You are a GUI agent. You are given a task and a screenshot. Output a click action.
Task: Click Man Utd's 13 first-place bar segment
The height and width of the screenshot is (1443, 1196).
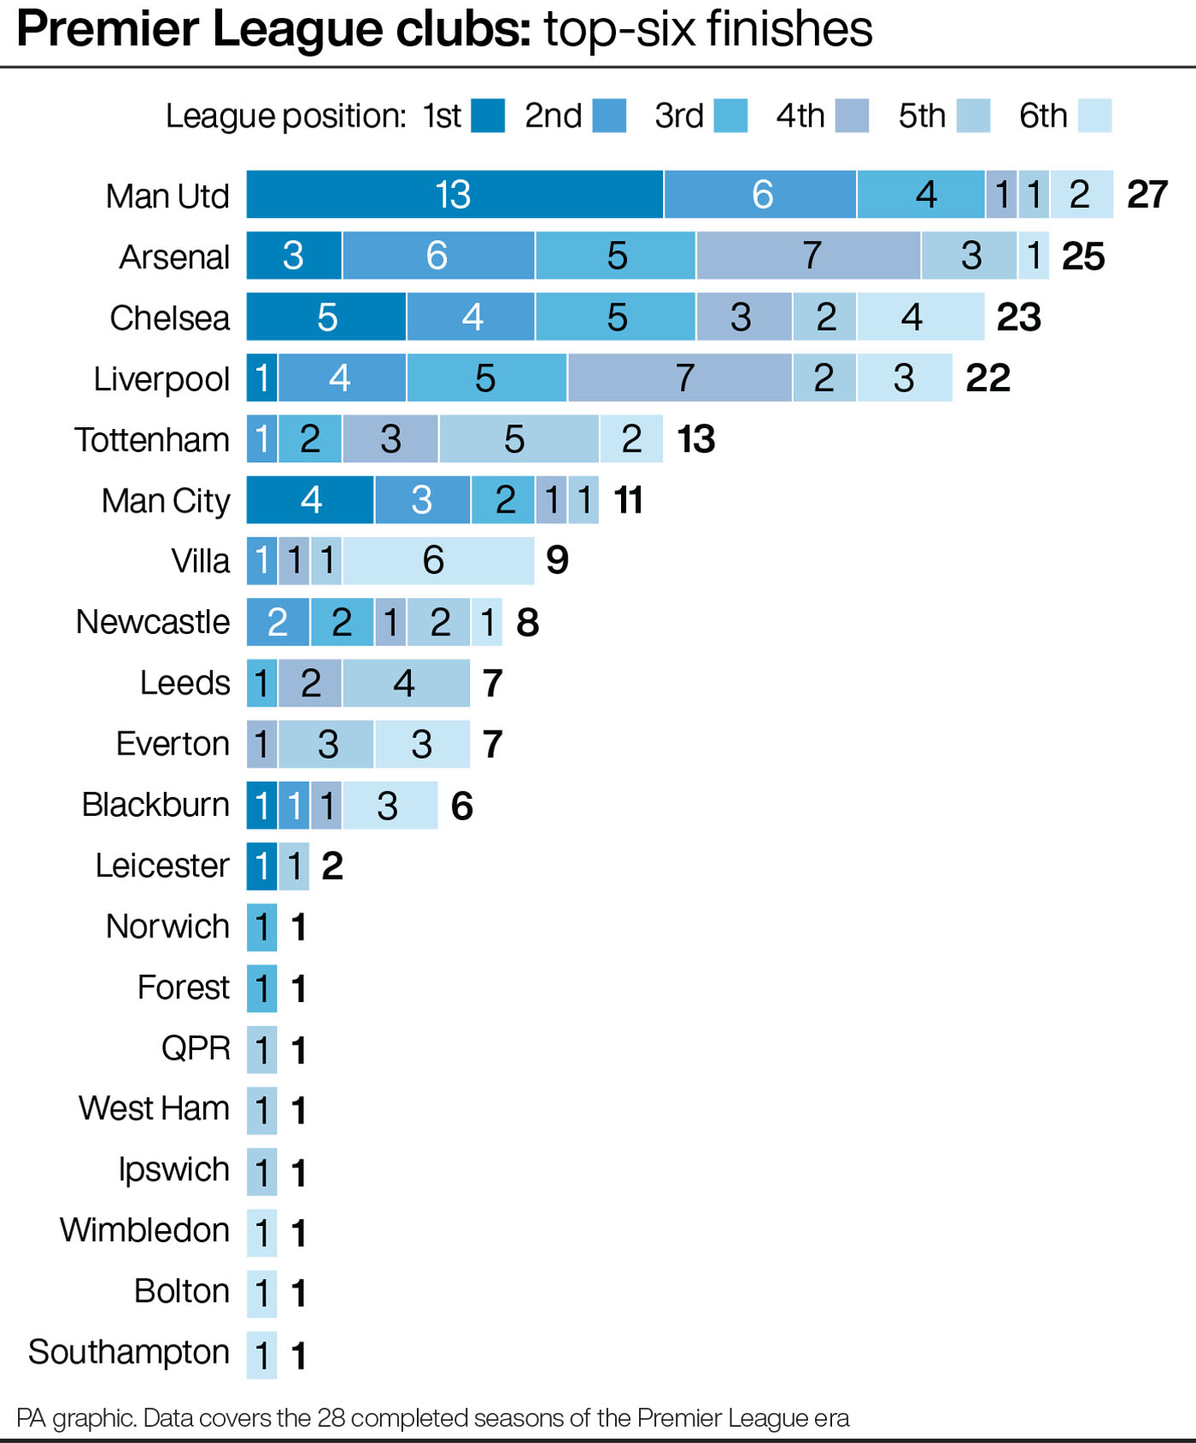click(454, 194)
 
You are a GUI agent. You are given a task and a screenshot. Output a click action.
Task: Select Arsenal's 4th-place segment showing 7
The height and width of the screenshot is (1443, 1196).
click(808, 255)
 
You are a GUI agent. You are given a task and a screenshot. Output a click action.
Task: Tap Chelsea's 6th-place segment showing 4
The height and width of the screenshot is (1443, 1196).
click(920, 317)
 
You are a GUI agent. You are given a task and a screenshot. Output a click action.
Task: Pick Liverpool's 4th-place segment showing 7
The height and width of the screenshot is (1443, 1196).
click(679, 378)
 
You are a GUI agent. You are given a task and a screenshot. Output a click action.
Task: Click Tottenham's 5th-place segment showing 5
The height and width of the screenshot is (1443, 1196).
click(519, 438)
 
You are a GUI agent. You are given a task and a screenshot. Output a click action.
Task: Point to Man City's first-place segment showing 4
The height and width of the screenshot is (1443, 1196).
click(310, 500)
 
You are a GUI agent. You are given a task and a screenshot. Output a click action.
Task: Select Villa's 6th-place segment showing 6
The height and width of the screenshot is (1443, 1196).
click(438, 560)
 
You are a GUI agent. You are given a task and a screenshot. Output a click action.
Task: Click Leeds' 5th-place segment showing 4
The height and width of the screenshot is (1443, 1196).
click(406, 683)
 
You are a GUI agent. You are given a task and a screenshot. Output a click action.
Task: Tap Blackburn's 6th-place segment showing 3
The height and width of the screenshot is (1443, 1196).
click(390, 805)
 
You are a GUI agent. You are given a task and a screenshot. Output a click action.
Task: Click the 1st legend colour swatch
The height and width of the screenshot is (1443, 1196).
click(488, 115)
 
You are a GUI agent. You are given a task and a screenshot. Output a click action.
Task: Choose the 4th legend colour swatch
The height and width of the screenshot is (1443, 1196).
click(852, 115)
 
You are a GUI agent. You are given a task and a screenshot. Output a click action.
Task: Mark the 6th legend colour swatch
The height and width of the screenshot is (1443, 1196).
click(1094, 115)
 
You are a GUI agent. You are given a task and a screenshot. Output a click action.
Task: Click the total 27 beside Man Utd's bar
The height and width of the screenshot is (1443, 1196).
click(1147, 195)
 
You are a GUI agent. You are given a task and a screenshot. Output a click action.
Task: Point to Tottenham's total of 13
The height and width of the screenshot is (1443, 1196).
click(695, 439)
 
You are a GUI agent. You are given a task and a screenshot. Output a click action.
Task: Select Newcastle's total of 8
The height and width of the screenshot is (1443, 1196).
click(528, 622)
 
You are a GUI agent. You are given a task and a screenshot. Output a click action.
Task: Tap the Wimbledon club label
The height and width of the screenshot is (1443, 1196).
click(144, 1230)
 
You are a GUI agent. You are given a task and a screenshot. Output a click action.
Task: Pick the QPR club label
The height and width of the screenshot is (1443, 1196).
click(196, 1048)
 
